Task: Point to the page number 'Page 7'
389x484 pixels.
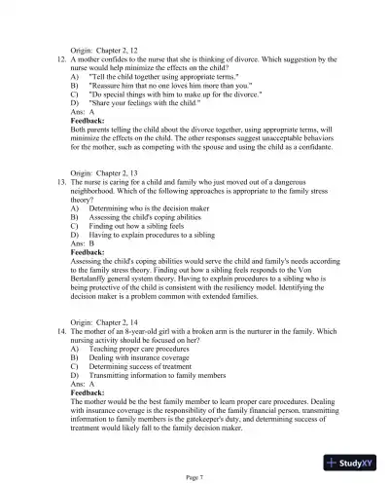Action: tap(194, 476)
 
